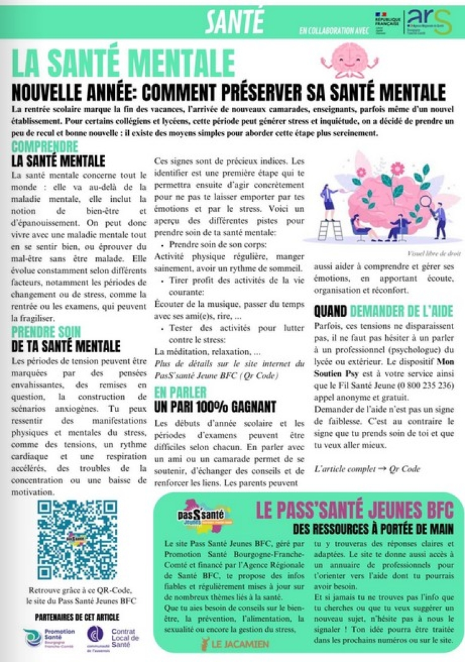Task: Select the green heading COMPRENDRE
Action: point(45,146)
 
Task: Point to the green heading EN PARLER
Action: point(180,392)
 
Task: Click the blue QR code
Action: point(77,540)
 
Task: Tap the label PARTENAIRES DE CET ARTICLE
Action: point(77,616)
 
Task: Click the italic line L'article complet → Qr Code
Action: point(367,468)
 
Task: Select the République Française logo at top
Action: point(386,21)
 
